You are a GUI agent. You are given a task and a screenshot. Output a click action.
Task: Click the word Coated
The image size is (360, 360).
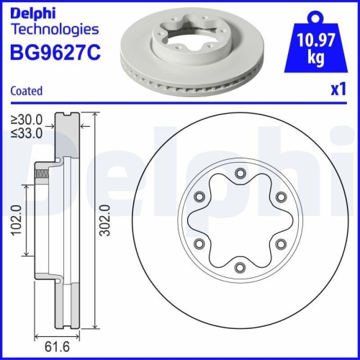click(26, 91)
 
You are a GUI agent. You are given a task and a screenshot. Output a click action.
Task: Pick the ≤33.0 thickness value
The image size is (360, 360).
click(26, 132)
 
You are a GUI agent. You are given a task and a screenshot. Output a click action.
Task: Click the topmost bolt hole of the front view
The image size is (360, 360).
click(239, 171)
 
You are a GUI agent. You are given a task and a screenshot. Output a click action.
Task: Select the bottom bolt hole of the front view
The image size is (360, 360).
click(239, 269)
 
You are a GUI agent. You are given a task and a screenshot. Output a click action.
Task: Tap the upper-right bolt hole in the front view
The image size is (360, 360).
click(282, 196)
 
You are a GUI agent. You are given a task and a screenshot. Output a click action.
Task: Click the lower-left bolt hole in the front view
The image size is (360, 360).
click(197, 245)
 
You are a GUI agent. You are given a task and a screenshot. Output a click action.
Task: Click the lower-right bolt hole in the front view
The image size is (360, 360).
click(282, 245)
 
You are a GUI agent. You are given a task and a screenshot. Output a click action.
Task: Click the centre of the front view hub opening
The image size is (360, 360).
click(239, 220)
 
